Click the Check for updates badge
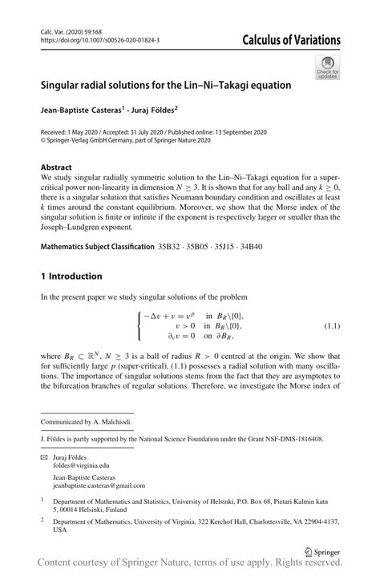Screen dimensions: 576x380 327,67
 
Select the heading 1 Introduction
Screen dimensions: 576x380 71,276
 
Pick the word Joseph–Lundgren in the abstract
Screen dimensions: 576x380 75,227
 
